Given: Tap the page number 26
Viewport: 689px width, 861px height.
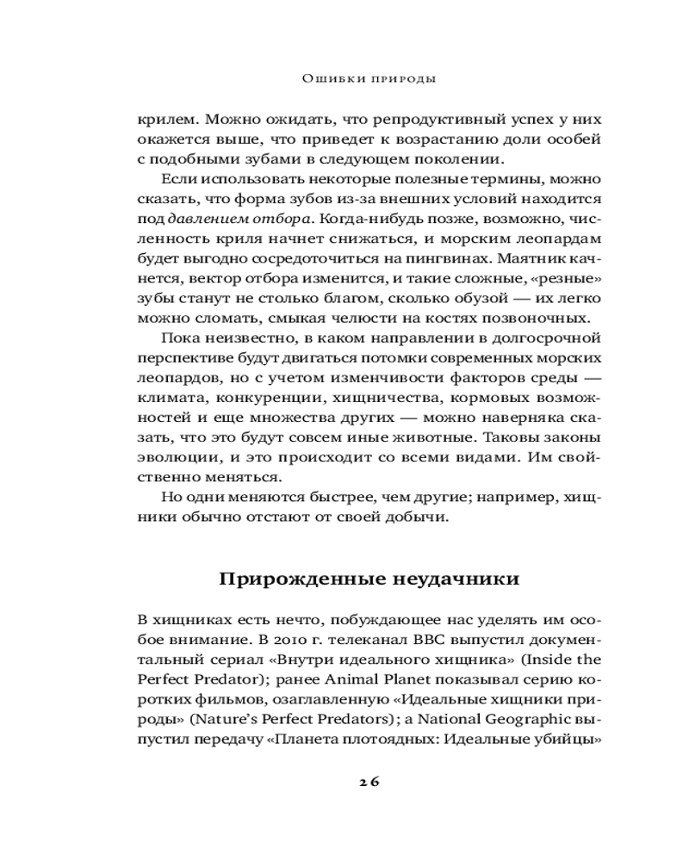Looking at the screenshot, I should tap(369, 781).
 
